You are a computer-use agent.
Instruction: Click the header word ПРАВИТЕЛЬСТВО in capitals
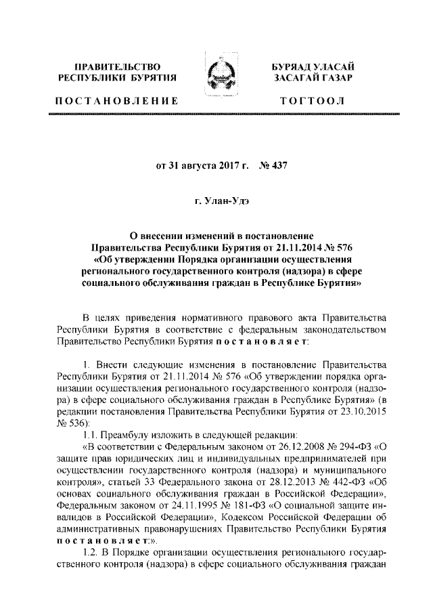[118, 67]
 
